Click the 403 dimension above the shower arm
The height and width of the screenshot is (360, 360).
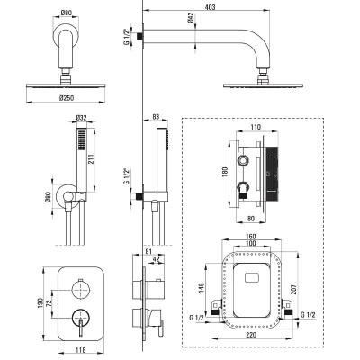(211, 7)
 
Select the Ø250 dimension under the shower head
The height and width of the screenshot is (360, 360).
(67, 98)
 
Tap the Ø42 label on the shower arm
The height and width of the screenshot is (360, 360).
(191, 19)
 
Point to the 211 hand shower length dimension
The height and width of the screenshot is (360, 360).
(91, 159)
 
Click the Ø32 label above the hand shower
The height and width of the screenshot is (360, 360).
(81, 118)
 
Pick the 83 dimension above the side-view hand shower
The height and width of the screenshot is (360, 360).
(156, 117)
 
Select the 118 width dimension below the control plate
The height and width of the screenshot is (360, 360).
(80, 350)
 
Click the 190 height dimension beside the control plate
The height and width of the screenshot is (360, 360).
(40, 303)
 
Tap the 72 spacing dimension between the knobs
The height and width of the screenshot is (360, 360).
(49, 303)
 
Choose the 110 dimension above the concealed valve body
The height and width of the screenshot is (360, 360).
(256, 127)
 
